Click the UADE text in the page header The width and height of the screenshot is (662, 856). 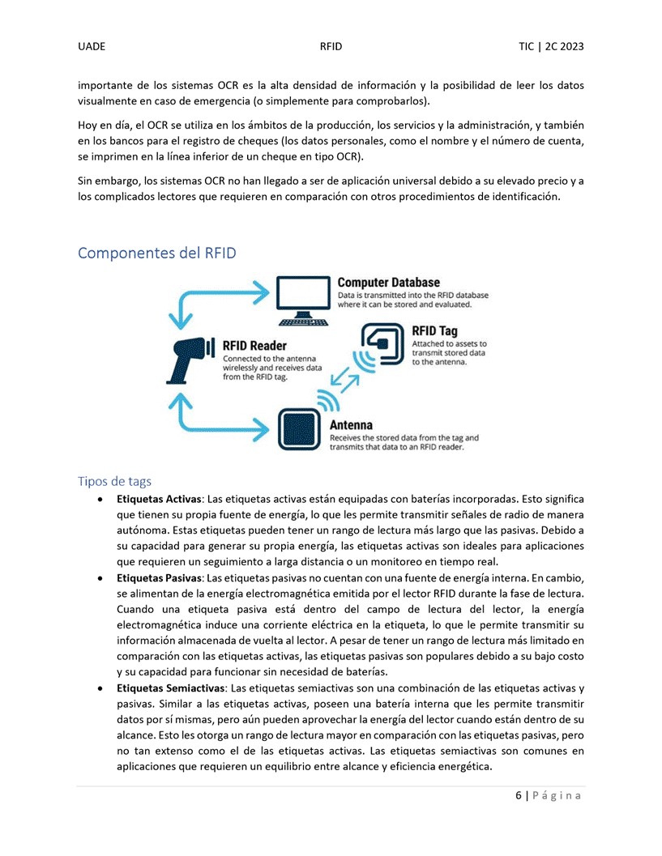click(92, 47)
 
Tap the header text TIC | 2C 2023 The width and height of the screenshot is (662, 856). click(551, 47)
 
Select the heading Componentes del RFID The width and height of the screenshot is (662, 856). click(157, 253)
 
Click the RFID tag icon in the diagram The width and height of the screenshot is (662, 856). click(380, 344)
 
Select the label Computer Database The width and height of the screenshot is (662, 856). click(388, 283)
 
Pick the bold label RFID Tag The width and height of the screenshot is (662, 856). click(434, 331)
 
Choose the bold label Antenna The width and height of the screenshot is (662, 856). click(351, 425)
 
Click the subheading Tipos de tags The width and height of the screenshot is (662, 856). click(114, 482)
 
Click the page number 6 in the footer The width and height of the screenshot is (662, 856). click(519, 796)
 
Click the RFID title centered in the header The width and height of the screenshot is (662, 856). click(331, 47)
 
